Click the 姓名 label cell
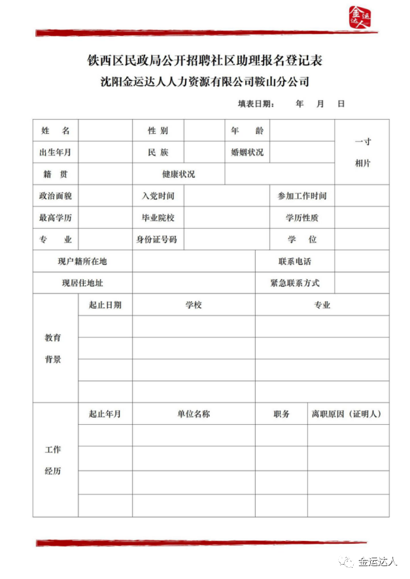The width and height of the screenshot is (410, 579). (56, 131)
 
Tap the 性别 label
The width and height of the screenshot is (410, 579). (158, 131)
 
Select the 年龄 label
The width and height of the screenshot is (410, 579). (247, 131)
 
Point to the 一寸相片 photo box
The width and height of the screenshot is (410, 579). (362, 152)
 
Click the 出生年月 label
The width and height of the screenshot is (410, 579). (56, 152)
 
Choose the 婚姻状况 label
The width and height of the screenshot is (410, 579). (247, 152)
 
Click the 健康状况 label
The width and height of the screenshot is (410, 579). (179, 174)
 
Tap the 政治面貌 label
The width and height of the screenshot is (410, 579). (56, 196)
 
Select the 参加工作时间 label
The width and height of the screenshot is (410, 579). (301, 196)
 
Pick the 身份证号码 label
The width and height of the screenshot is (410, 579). (157, 239)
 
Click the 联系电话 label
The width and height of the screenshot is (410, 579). (294, 261)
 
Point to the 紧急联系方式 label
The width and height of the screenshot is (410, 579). (294, 284)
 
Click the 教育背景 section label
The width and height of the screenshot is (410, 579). (53, 348)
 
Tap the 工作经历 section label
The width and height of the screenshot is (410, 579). (53, 461)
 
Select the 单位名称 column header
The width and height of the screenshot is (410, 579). (194, 414)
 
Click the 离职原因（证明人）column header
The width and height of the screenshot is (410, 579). (347, 414)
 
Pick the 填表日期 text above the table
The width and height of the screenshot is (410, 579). (256, 104)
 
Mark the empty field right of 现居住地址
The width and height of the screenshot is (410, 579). (194, 284)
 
